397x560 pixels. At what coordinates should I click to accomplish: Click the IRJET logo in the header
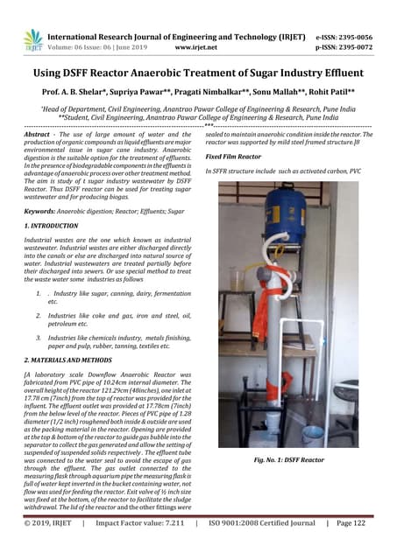click(x=33, y=40)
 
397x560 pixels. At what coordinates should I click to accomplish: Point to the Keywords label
click(x=40, y=211)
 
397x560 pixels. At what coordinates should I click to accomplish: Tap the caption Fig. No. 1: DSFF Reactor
click(x=288, y=458)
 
